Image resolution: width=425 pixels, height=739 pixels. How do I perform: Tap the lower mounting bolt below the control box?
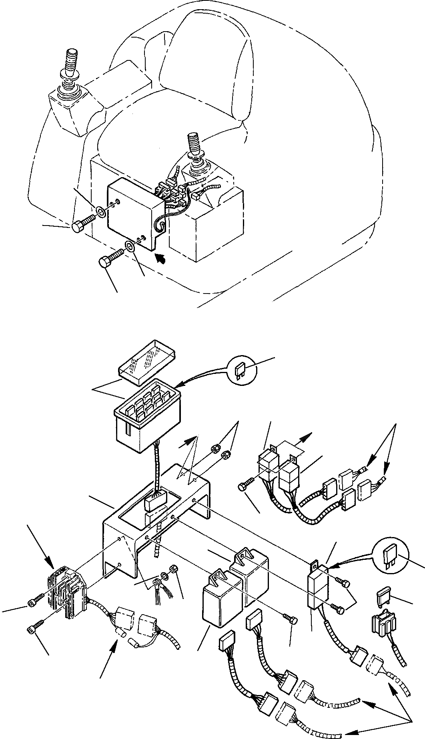click(x=110, y=260)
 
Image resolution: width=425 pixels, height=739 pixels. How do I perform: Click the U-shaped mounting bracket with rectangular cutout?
click(x=156, y=516)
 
